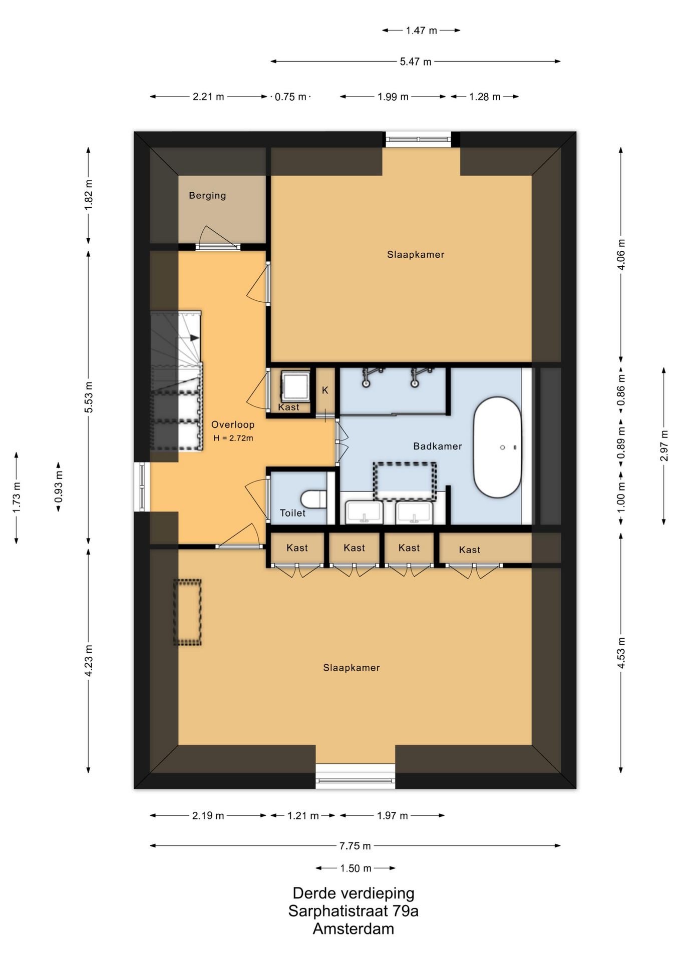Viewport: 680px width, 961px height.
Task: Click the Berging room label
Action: point(207,196)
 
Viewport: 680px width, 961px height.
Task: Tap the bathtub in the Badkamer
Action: point(497,447)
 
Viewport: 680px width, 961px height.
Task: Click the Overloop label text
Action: point(233,424)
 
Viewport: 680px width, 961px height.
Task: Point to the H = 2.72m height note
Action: point(233,438)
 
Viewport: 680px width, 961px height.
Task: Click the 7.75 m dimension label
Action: point(355,846)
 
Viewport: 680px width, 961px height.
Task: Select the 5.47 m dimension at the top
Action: point(416,62)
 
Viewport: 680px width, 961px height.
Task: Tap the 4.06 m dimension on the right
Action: point(621,254)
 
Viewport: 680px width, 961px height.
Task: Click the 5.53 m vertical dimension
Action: point(89,397)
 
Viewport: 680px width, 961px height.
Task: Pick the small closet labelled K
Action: point(325,391)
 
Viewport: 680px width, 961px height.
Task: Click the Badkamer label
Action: point(438,446)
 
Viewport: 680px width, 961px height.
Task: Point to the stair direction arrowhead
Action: point(195,338)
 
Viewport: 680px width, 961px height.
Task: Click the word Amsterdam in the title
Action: point(354,928)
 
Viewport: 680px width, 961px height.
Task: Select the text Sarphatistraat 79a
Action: point(354,910)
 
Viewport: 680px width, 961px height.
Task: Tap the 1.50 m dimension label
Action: point(356,868)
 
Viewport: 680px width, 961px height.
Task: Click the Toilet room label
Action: point(292,513)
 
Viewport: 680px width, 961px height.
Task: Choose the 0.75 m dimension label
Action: point(290,97)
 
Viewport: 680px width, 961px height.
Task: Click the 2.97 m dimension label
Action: point(664,445)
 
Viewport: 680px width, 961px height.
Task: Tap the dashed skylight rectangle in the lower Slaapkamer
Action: point(187,612)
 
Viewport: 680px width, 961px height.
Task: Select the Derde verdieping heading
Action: point(354,893)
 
